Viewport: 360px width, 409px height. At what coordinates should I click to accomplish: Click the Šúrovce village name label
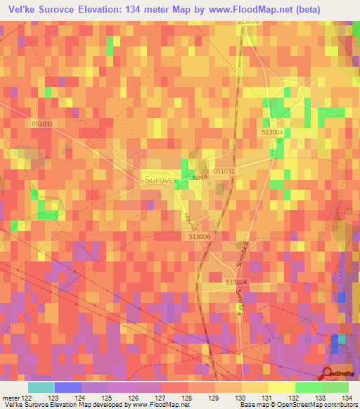click(159, 179)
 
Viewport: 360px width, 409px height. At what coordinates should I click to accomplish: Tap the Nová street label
click(200, 180)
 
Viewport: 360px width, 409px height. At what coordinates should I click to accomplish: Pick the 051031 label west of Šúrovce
click(43, 123)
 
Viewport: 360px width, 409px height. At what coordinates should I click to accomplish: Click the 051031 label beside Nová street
click(224, 171)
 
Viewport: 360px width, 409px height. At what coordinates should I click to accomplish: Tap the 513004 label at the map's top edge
click(248, 22)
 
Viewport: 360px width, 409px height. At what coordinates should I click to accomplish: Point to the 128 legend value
click(186, 397)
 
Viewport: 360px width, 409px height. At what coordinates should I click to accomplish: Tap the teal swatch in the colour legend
click(41, 387)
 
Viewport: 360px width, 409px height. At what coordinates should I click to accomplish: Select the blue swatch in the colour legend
click(68, 387)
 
